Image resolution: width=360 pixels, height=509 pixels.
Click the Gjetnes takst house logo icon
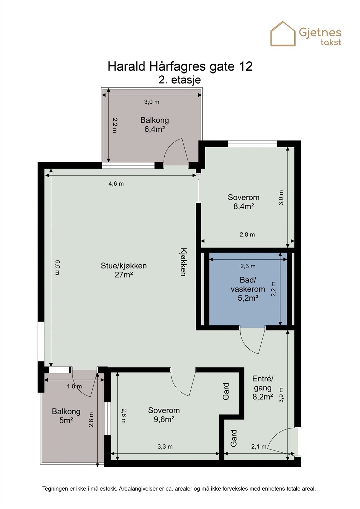(x=283, y=34)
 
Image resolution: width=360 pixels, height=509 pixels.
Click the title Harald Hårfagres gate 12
(x=180, y=66)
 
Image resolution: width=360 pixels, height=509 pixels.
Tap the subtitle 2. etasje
(x=180, y=80)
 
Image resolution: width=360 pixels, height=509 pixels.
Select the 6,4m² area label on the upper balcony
(x=154, y=129)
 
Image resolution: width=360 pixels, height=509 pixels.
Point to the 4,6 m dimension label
(x=116, y=184)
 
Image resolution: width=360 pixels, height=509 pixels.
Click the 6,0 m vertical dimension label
(x=57, y=268)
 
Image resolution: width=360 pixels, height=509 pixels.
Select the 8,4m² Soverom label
(x=244, y=202)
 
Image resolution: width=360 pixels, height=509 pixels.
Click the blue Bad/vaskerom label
(x=248, y=289)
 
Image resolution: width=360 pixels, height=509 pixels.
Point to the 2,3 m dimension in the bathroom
(x=248, y=266)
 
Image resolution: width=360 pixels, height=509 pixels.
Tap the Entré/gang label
(x=263, y=383)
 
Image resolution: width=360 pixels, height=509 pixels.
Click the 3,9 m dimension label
(x=281, y=395)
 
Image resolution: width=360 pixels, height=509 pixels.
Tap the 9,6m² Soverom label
(x=164, y=415)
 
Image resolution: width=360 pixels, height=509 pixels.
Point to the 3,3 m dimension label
(x=165, y=447)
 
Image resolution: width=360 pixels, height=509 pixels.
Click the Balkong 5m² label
(x=66, y=416)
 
